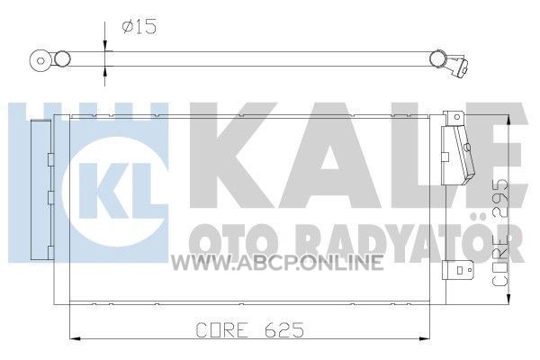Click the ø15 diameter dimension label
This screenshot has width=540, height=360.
(x=139, y=27)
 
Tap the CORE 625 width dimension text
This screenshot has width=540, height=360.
(x=249, y=330)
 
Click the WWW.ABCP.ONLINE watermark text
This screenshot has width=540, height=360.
(x=277, y=262)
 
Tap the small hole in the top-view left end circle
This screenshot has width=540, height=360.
(x=40, y=61)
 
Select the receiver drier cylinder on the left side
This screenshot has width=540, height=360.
(x=40, y=190)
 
